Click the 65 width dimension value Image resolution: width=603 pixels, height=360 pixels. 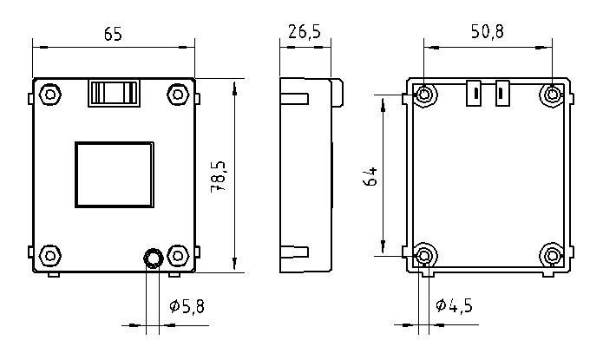pos(113,34)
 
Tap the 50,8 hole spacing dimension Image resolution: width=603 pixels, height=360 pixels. pos(487,32)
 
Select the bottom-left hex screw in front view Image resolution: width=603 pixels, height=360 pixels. pos(50,255)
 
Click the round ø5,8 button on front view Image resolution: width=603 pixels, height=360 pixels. pos(153,258)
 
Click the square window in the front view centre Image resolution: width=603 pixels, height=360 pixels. pos(114,173)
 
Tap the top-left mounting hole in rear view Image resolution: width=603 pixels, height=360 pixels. pos(424,94)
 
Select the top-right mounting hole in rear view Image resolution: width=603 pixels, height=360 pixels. pos(552,94)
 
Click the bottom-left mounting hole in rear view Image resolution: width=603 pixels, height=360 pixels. pos(424,255)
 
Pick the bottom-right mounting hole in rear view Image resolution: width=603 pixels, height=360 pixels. pos(552,255)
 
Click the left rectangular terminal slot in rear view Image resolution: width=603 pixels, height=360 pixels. pos(475,93)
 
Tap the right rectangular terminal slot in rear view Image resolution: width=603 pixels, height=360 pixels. pos(501,93)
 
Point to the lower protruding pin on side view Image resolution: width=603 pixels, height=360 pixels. pos(295,252)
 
